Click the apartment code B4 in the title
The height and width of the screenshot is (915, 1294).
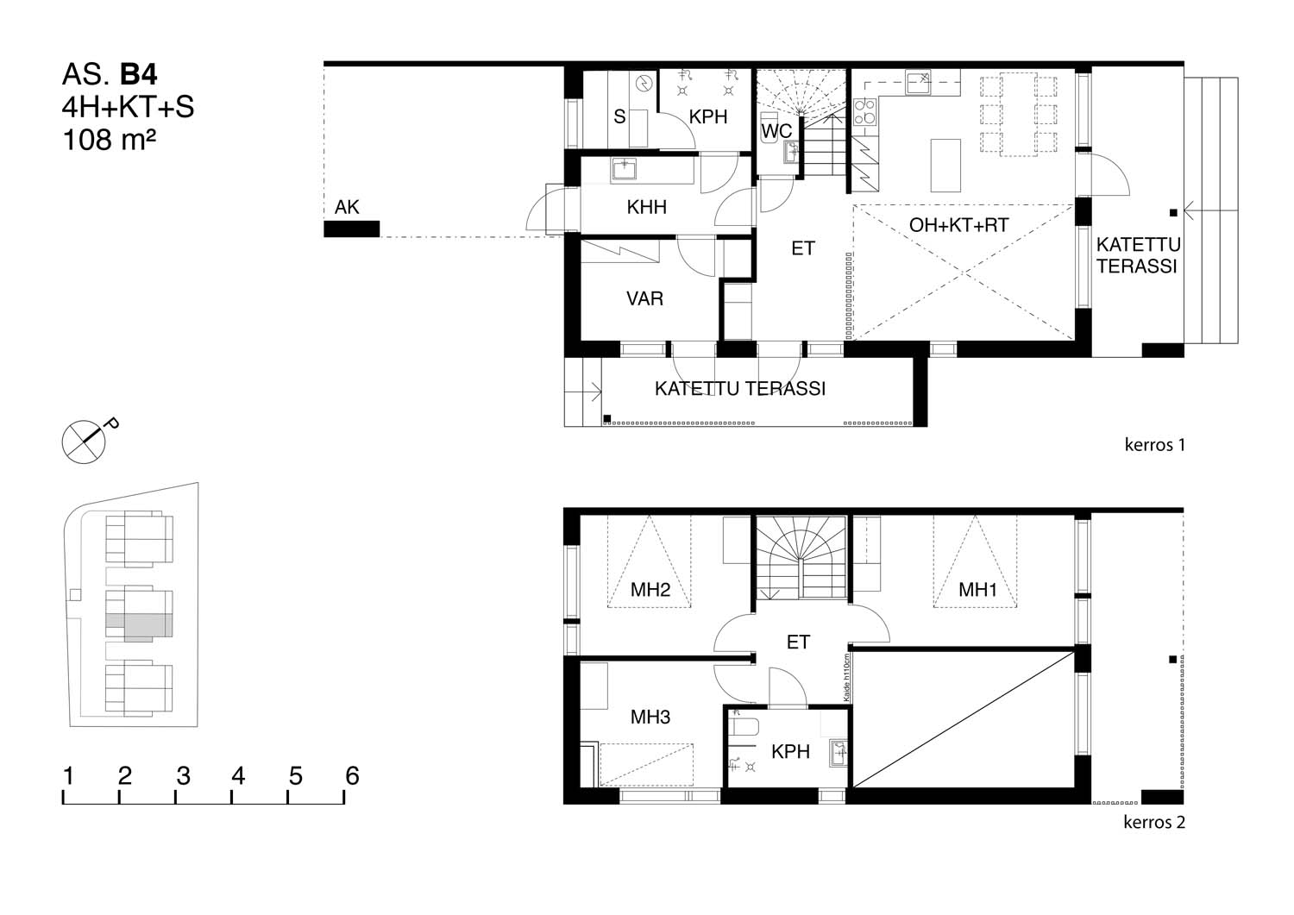(138, 74)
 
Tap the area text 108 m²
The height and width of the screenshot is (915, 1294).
(110, 140)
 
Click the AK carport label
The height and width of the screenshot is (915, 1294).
(347, 207)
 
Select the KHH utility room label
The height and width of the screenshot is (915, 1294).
(646, 207)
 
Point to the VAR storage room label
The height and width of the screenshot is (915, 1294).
(644, 298)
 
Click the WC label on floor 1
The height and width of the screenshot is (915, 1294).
(776, 132)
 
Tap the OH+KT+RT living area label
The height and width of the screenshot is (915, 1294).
(959, 225)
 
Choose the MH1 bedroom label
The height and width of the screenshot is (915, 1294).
(977, 590)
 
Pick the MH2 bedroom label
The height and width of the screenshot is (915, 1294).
(650, 590)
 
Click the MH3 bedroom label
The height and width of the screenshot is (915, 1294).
(650, 717)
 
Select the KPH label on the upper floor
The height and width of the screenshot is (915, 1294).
(790, 751)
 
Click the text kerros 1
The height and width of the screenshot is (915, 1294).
(1155, 445)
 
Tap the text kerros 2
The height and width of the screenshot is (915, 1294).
(1154, 822)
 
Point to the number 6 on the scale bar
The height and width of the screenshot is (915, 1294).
(352, 776)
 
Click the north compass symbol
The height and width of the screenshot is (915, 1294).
(84, 442)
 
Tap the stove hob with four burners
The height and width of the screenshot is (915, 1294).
(864, 112)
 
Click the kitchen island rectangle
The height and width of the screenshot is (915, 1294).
(945, 166)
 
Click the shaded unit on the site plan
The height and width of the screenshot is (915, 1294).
(139, 627)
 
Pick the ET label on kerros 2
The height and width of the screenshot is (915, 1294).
(798, 642)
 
